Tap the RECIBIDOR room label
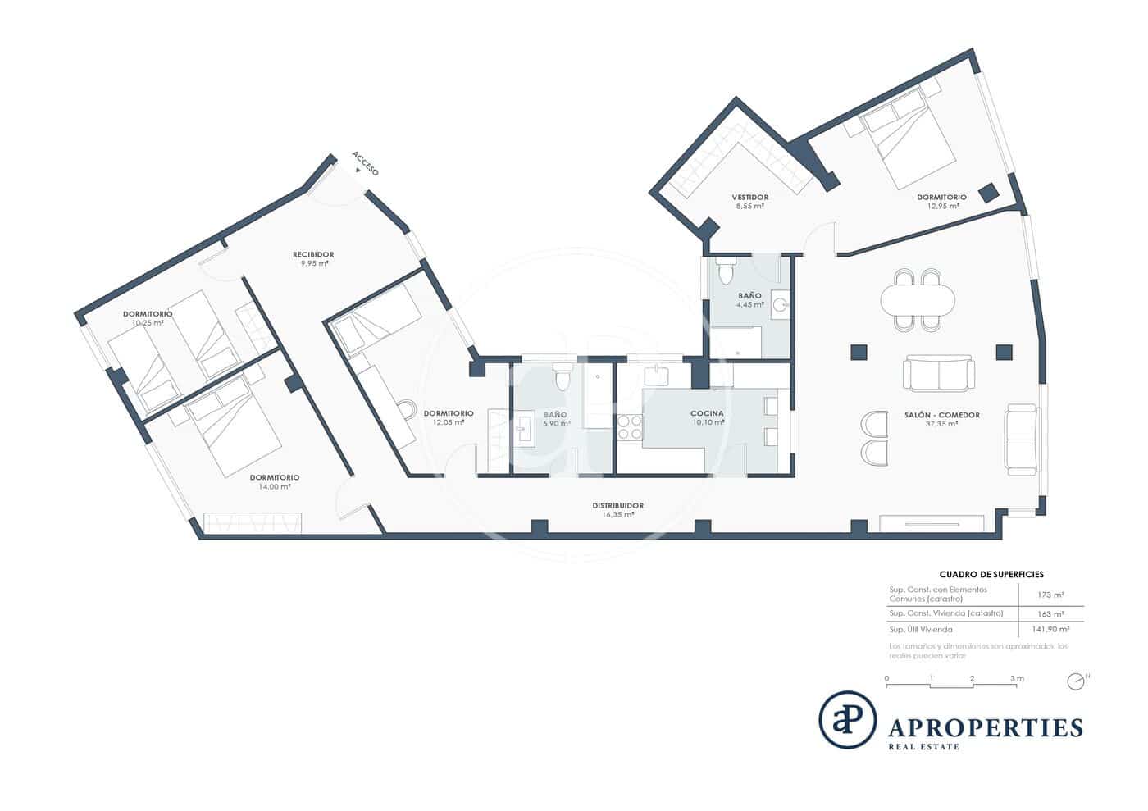[x=313, y=254]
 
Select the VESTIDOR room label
[x=749, y=197]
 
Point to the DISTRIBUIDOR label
[x=617, y=505]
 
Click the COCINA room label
[x=707, y=413]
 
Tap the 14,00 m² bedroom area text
[x=274, y=486]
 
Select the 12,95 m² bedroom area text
[x=941, y=206]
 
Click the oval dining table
[x=918, y=300]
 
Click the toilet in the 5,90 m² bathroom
[x=563, y=377]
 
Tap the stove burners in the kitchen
[x=630, y=427]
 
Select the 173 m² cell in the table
[x=1050, y=595]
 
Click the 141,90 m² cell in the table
[x=1050, y=629]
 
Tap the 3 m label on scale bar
[x=1017, y=678]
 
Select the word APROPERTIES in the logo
[x=986, y=727]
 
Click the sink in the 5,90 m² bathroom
[x=525, y=429]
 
